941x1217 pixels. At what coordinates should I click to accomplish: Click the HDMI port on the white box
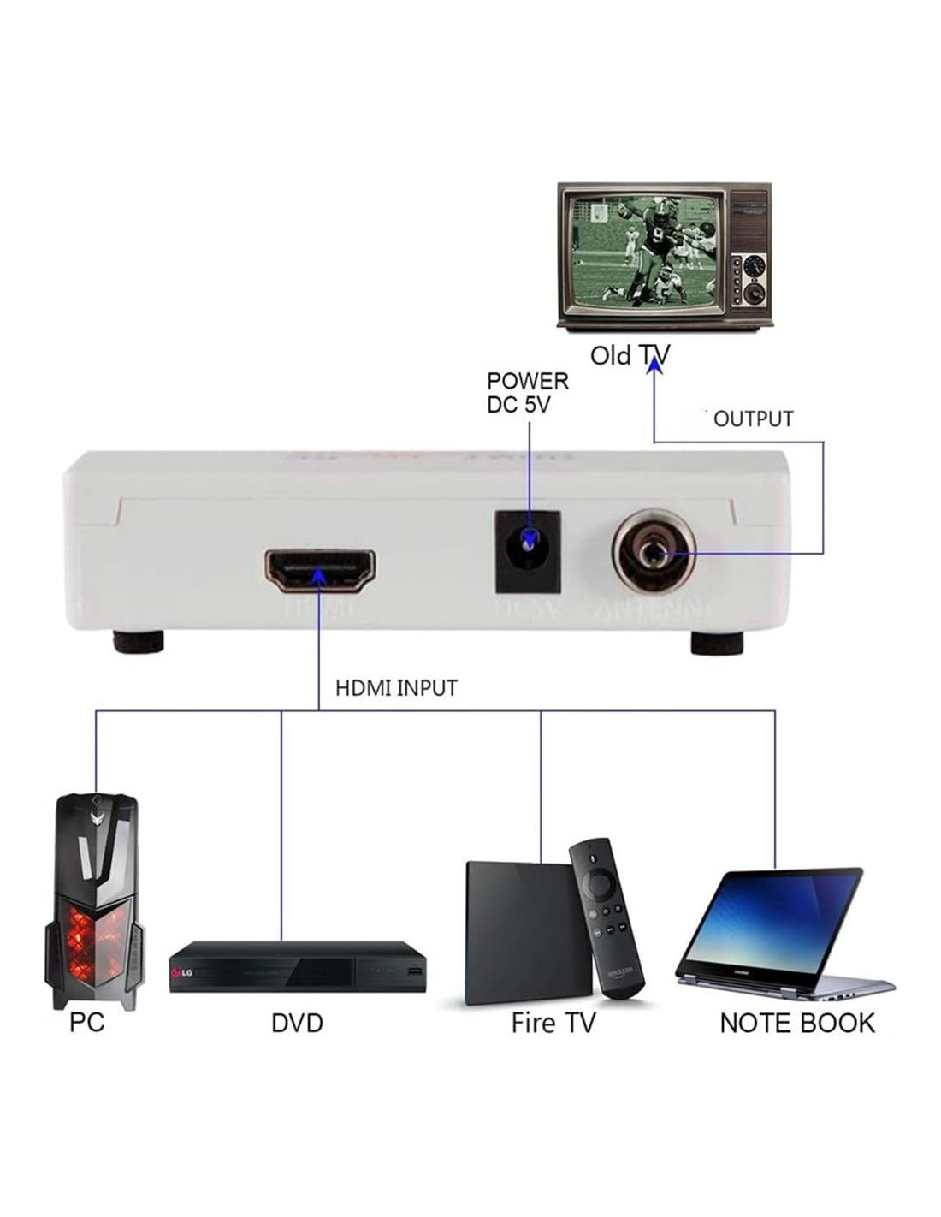(320, 571)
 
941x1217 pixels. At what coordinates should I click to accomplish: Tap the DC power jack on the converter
(529, 551)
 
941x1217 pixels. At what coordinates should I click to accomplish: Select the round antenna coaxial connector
(652, 552)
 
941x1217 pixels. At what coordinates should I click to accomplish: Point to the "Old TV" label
(629, 355)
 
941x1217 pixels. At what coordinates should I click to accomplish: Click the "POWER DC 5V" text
(527, 393)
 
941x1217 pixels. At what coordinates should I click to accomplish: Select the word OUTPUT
(753, 419)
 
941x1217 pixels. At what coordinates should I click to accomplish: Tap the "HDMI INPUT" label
(396, 688)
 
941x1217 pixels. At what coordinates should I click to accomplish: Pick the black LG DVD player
(297, 966)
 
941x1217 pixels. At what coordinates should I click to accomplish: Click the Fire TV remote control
(607, 916)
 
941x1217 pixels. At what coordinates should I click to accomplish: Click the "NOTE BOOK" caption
(796, 1024)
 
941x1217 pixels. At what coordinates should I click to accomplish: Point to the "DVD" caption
(297, 1024)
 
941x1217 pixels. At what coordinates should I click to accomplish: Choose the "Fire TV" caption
(553, 1024)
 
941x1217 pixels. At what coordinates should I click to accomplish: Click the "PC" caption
(86, 1022)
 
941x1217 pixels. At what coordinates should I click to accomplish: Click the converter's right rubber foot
(718, 643)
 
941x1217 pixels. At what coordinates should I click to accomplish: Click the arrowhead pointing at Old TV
(654, 365)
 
